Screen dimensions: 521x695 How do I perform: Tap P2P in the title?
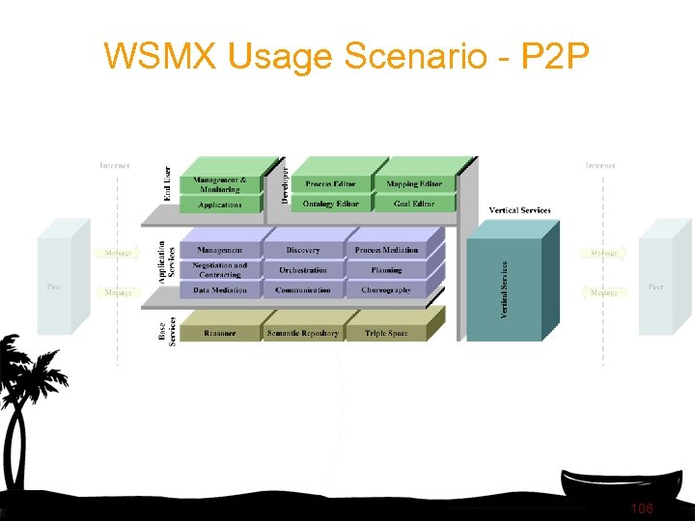(x=554, y=57)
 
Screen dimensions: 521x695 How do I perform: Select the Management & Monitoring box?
(x=220, y=184)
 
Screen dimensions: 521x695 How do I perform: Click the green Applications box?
(x=220, y=205)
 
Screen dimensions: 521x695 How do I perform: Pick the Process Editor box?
(x=330, y=183)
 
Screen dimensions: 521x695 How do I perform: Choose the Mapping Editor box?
(x=414, y=183)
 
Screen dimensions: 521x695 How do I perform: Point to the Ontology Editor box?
(x=330, y=204)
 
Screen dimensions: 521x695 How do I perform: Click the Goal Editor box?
(x=414, y=204)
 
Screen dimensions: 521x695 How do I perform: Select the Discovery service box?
(x=303, y=250)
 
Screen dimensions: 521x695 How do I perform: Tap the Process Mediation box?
(x=386, y=250)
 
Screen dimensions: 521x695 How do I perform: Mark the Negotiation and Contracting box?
(x=220, y=270)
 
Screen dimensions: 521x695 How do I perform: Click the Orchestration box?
(x=303, y=270)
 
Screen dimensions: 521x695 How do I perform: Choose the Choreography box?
(x=386, y=289)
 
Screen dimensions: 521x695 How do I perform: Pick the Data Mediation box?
(x=220, y=289)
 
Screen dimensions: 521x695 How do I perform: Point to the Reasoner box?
(x=220, y=333)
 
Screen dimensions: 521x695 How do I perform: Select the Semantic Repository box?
(x=303, y=333)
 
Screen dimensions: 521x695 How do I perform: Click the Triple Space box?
(x=386, y=333)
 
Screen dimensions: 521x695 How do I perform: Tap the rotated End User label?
(x=167, y=184)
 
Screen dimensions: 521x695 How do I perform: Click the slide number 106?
(x=641, y=508)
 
